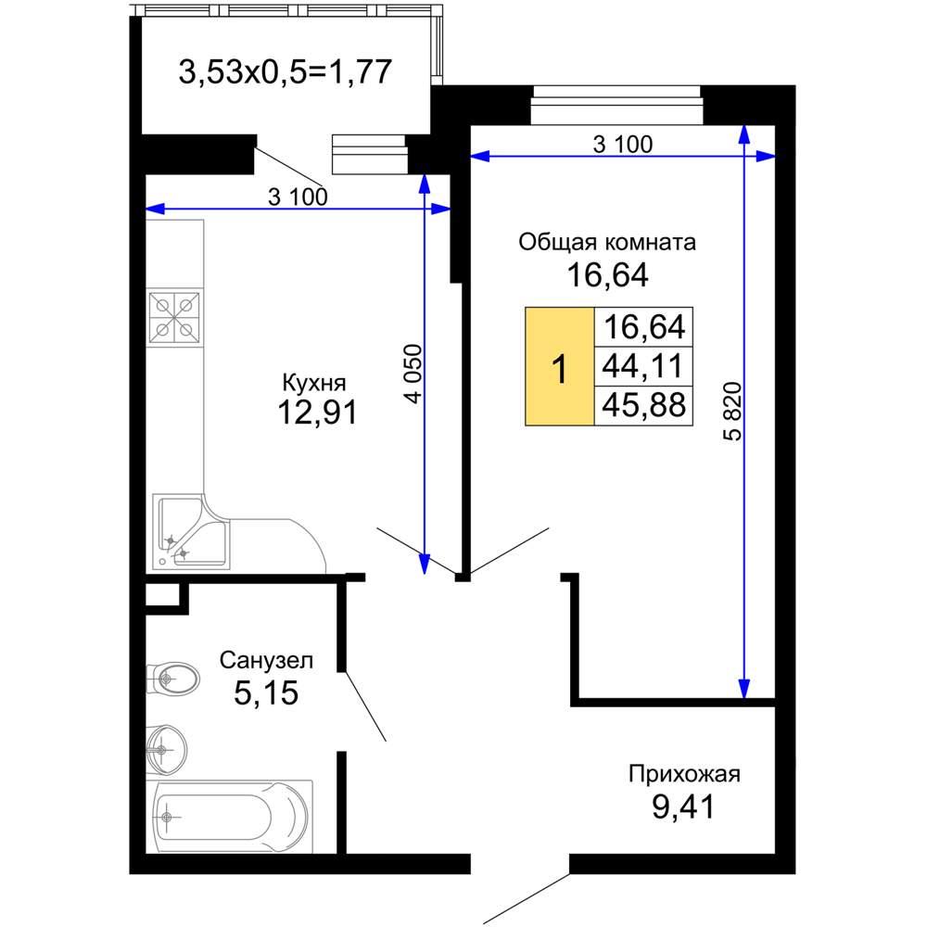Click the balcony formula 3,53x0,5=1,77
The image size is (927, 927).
285,72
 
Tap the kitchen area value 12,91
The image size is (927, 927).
317,413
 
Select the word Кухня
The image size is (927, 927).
314,383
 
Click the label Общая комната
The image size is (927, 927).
607,242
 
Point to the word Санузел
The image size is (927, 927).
266,660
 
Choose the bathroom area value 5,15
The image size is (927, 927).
266,692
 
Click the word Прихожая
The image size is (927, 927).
684,774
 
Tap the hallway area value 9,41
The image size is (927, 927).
683,806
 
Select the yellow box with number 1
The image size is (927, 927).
559,366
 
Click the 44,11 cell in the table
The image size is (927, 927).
644,366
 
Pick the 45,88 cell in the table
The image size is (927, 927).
644,406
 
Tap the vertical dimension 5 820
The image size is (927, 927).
732,412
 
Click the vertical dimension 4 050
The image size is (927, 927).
414,374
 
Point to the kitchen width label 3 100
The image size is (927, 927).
298,197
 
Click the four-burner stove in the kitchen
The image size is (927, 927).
174,317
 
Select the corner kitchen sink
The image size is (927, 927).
190,532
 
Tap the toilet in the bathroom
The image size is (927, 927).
172,679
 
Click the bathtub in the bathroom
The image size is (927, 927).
230,817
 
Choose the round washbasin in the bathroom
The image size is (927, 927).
166,749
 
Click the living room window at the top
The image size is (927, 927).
616,106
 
